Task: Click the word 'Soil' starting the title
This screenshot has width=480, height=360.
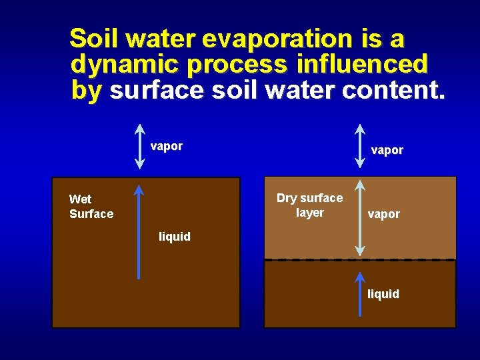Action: [93, 39]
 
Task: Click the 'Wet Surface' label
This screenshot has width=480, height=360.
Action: [91, 207]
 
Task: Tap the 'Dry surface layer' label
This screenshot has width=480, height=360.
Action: [309, 205]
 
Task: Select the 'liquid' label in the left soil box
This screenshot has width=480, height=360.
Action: [175, 237]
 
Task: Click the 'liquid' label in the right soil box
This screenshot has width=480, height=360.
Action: [383, 294]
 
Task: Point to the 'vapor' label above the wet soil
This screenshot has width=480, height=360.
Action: [167, 147]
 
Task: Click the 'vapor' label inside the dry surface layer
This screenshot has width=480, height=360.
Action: [384, 214]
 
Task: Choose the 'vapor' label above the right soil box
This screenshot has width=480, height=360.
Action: [387, 150]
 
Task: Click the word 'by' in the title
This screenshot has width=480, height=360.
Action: [85, 91]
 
